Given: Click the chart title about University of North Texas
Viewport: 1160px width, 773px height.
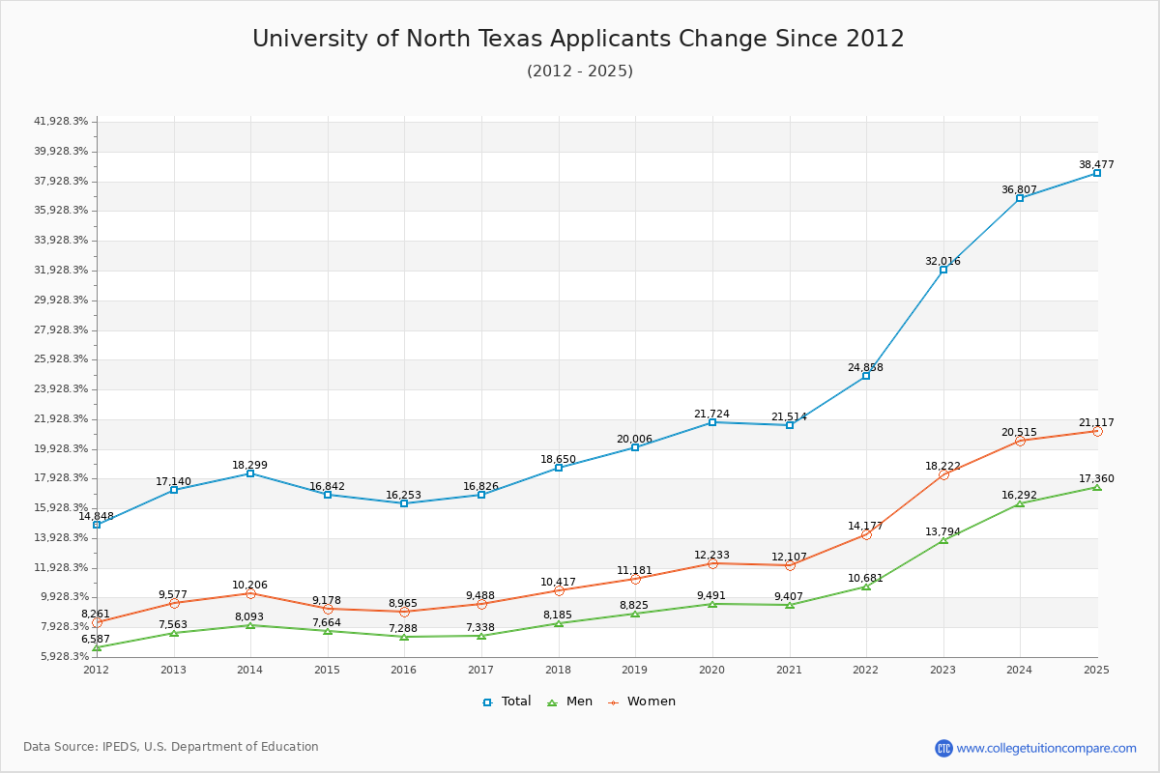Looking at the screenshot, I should [x=578, y=39].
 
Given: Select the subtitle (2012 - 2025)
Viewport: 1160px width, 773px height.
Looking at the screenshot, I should [x=579, y=72].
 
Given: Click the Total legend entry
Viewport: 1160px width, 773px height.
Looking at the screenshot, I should [x=507, y=701].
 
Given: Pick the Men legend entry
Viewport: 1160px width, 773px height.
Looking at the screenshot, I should [x=570, y=701].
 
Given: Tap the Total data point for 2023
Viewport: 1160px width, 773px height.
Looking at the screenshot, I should [x=942, y=270].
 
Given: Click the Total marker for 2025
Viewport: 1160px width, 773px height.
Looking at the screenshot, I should [x=1097, y=173].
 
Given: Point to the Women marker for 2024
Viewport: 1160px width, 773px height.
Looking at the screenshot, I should [x=1020, y=441].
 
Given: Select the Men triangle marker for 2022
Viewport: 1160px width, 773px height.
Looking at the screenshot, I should [x=866, y=587].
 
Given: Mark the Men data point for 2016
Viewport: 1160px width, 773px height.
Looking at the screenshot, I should [x=404, y=637].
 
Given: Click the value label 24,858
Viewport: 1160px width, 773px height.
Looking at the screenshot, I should [x=866, y=368].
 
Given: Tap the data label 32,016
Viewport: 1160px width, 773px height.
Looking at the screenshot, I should [x=942, y=262].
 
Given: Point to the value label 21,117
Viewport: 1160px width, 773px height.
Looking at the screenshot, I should [x=1097, y=423].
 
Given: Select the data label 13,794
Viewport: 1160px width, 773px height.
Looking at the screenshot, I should [x=942, y=532].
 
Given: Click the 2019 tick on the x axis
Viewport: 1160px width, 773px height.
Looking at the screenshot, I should [x=634, y=670].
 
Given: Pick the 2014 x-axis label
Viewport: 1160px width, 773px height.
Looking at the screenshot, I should [x=250, y=670].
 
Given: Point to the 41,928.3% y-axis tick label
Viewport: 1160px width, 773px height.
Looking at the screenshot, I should [x=61, y=122].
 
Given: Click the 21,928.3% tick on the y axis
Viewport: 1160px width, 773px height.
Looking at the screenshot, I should [x=61, y=418].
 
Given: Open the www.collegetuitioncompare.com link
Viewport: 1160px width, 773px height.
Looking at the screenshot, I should [x=1046, y=748].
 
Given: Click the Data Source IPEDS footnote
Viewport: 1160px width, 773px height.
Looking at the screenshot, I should [x=171, y=747].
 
